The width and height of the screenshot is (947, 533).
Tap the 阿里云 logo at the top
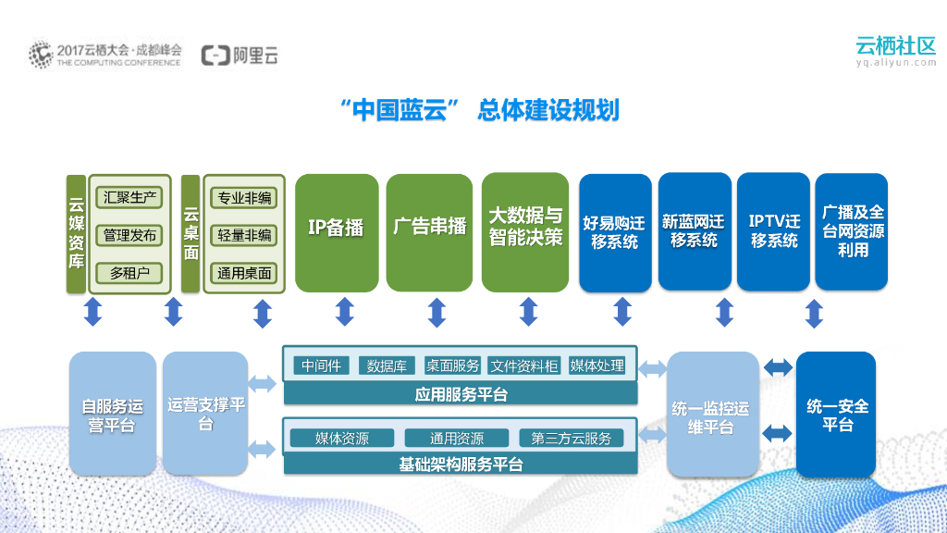point(240,56)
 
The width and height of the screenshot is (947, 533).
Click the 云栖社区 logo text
point(895,45)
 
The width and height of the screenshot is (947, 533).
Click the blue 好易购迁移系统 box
point(615,232)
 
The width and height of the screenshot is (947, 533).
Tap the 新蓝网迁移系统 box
point(694,231)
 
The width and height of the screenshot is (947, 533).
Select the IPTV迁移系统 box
point(773,231)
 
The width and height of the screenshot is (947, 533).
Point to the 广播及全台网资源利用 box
point(852,231)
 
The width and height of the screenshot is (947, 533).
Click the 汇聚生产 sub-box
point(129,197)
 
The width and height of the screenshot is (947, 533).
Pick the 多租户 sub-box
point(129,273)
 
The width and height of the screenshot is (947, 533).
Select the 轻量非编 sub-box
point(244,235)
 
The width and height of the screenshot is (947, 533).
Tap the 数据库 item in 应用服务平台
point(387,366)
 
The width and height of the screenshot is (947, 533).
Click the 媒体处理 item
point(596,366)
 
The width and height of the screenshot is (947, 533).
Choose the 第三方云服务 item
point(571,438)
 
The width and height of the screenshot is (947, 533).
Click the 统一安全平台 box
point(836,415)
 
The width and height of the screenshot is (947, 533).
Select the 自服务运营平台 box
point(112,415)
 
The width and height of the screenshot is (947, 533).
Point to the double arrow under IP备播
point(344,313)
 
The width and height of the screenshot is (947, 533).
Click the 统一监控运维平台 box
point(709,415)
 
